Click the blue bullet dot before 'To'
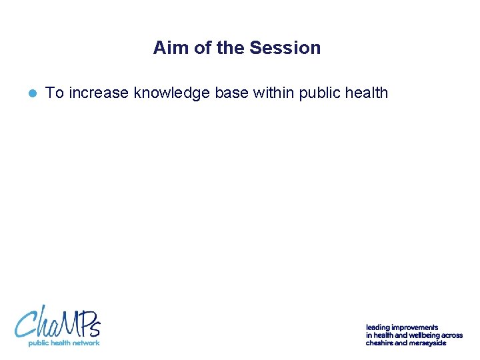click(x=32, y=93)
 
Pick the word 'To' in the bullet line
click(x=54, y=93)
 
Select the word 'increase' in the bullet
click(x=99, y=93)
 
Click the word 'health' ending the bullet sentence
click(x=365, y=93)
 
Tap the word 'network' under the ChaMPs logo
click(x=85, y=343)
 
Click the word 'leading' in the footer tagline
click(x=377, y=327)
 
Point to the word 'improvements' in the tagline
click(x=415, y=327)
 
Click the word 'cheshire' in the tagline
click(x=379, y=343)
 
